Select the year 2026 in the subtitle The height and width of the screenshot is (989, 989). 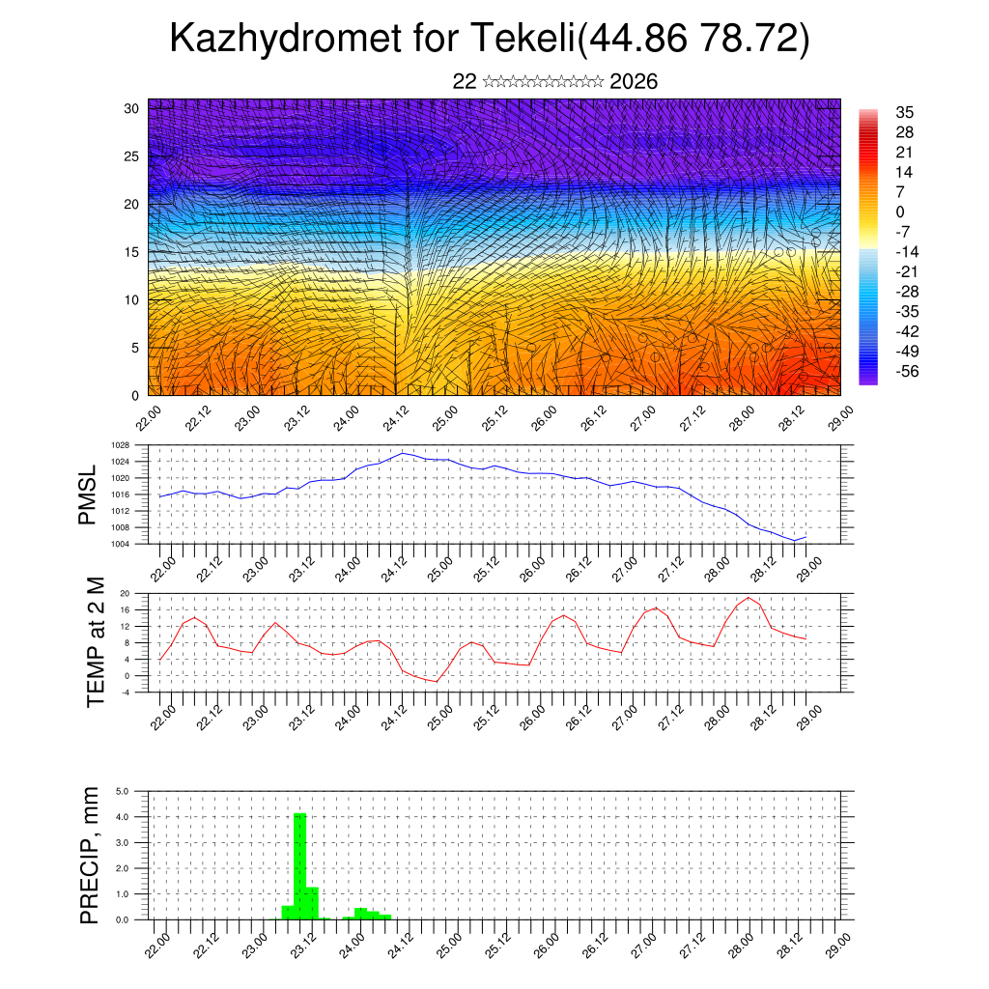coord(634,82)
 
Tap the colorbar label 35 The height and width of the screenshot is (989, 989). coord(905,112)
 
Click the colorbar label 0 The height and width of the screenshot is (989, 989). coord(901,212)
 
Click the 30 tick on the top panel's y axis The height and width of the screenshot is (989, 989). coord(131,107)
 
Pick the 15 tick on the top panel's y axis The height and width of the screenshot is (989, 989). coord(131,252)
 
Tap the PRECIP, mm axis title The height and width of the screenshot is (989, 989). coord(90,856)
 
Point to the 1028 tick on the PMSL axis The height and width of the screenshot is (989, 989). coord(120,445)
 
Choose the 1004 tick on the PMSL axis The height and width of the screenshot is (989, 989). coord(120,544)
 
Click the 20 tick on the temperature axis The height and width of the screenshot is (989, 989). coord(125,593)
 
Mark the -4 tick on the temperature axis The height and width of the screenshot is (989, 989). coord(125,692)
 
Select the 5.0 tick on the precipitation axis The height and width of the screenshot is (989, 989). coord(123,791)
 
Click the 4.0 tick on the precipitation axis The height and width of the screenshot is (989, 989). coord(123,817)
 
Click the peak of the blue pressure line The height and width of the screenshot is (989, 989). coord(402,452)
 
